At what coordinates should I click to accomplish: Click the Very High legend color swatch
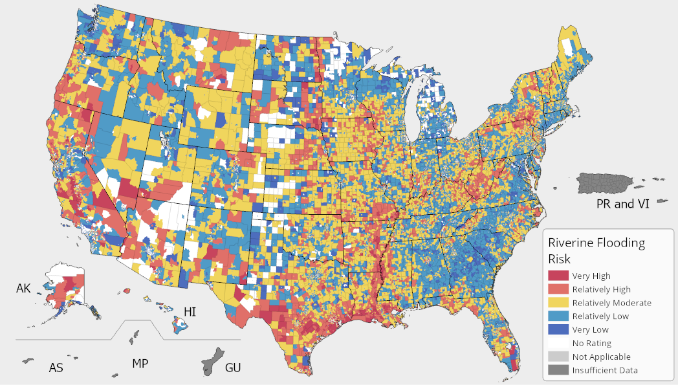558,276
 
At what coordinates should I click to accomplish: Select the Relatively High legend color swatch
558,289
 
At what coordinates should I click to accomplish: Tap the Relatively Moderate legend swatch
558,303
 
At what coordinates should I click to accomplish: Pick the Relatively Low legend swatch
558,316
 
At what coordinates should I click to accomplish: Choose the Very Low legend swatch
558,330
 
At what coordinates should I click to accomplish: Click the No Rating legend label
591,344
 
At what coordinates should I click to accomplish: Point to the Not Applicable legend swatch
558,357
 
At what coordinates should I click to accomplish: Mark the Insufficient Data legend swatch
558,370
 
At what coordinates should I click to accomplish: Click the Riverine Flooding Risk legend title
596,250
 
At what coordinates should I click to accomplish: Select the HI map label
190,312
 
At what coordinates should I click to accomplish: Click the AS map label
56,368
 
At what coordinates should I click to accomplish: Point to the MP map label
140,364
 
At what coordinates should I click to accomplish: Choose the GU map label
233,368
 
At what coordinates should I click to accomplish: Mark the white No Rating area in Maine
567,47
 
